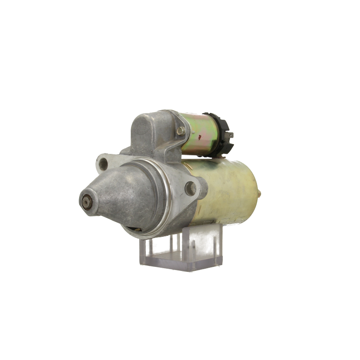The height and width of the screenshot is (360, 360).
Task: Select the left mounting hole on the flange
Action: tap(104, 162)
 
